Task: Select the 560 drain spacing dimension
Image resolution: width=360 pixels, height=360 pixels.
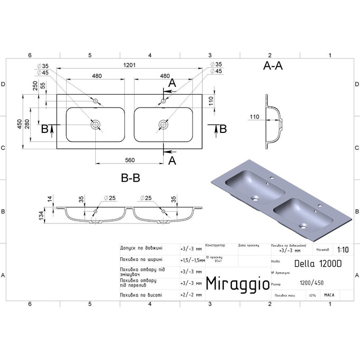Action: pyautogui.click(x=129, y=160)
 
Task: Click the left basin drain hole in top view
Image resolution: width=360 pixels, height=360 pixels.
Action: pyautogui.click(x=95, y=125)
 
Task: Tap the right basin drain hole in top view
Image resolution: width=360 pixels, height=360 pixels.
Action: pyautogui.click(x=163, y=125)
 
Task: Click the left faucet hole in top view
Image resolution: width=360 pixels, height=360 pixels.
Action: pyautogui.click(x=95, y=101)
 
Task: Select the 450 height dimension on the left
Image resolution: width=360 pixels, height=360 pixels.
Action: pyautogui.click(x=20, y=124)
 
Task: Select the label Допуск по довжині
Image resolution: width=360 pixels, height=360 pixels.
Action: pyautogui.click(x=141, y=247)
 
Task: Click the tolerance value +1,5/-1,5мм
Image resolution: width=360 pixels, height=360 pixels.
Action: pyautogui.click(x=191, y=259)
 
